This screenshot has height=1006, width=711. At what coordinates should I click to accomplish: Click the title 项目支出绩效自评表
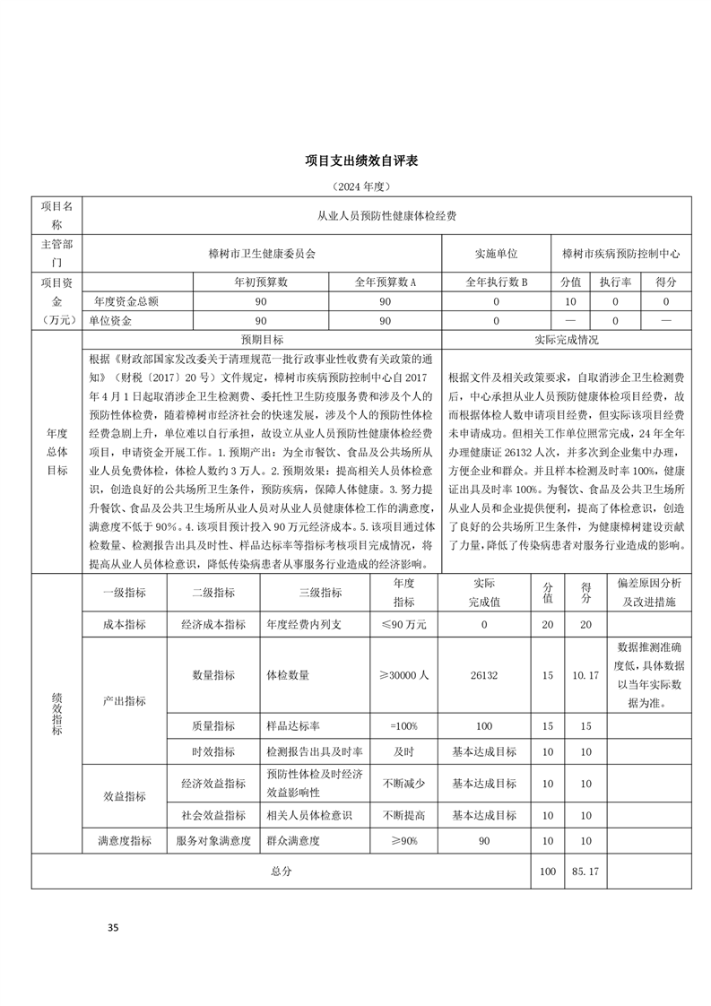[356, 161]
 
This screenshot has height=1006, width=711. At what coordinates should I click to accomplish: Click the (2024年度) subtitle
[356, 186]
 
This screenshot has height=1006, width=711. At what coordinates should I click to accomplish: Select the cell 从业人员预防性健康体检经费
[387, 216]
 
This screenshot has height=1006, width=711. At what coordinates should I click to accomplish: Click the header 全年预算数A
[386, 282]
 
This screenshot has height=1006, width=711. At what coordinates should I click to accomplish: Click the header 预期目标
[262, 340]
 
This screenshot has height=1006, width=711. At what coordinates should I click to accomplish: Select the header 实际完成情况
[567, 340]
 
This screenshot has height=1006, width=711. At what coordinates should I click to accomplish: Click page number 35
[112, 927]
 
